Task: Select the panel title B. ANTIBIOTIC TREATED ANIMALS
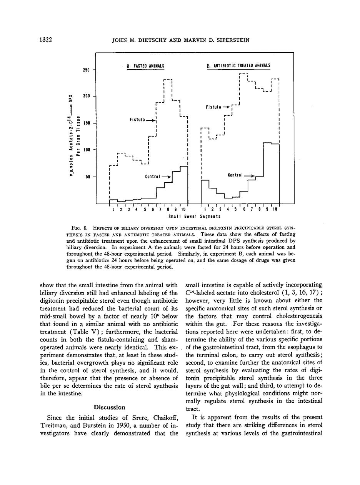coord(238,66)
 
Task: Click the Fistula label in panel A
coord(137,120)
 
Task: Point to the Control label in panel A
coord(152,177)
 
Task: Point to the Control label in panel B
coord(235,175)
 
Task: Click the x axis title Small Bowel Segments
coord(195,217)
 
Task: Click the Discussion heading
coord(109,407)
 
